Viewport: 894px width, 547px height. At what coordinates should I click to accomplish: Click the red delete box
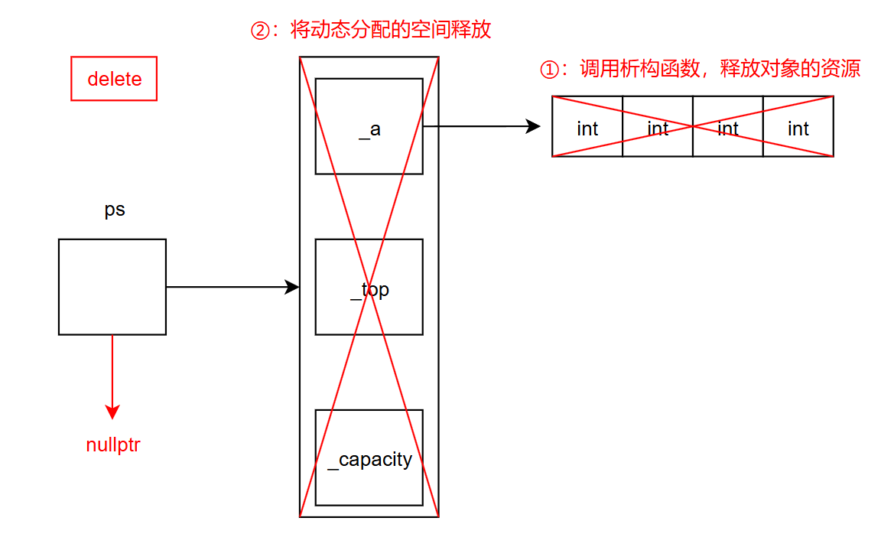114,79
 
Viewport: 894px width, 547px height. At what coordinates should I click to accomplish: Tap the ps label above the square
115,210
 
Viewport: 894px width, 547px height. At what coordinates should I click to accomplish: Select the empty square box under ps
112,287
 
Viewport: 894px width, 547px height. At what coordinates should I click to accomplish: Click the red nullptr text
113,445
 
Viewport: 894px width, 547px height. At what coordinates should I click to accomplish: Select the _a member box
369,126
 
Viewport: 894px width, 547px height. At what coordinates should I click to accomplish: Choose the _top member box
369,287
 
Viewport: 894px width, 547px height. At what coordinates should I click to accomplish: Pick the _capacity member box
369,457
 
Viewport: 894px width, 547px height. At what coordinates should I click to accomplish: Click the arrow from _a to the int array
482,126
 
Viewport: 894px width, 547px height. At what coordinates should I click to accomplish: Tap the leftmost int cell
587,127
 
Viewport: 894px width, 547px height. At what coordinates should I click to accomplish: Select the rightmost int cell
798,127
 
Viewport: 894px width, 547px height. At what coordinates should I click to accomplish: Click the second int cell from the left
658,127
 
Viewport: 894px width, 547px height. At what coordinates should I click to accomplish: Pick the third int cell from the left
728,127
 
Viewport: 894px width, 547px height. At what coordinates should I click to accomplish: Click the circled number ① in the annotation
550,70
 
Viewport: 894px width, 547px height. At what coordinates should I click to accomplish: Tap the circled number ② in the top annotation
261,31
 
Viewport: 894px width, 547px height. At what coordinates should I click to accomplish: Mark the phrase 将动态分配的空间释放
391,31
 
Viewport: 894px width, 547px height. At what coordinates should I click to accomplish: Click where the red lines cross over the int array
693,126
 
